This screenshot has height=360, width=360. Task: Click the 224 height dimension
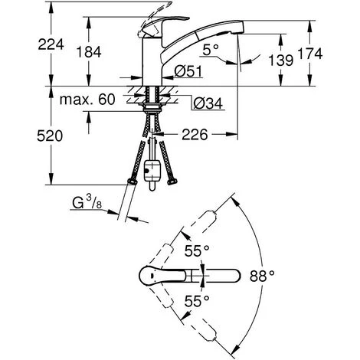[x=51, y=44]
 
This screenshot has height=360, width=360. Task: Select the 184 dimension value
[x=89, y=52]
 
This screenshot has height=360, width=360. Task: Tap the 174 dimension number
[x=310, y=54]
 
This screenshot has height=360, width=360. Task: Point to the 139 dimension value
[x=280, y=61]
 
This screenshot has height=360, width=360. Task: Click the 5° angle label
[x=211, y=50]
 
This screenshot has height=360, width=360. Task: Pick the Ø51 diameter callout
[x=188, y=71]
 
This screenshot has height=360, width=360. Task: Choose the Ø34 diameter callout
[x=208, y=103]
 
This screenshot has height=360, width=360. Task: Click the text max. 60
[x=87, y=100]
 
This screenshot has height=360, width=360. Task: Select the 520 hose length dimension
[x=50, y=136]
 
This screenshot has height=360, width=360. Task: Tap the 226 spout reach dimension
[x=195, y=135]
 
